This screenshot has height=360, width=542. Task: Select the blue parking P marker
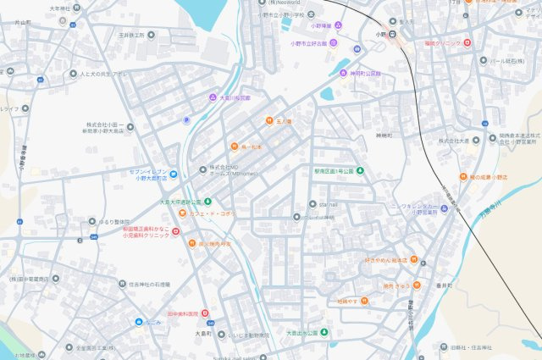tap(187, 119)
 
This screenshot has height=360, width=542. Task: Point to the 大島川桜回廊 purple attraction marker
tap(213, 97)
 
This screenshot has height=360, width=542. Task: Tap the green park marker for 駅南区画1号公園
tap(360, 170)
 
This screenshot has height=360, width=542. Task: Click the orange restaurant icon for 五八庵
tap(269, 121)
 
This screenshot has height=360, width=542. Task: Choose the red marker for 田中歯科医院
tap(204, 313)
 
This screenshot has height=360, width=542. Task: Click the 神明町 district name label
tap(384, 135)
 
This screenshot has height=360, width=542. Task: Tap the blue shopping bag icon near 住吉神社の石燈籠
tap(138, 322)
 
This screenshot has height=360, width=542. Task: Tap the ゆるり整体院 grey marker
tap(93, 221)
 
